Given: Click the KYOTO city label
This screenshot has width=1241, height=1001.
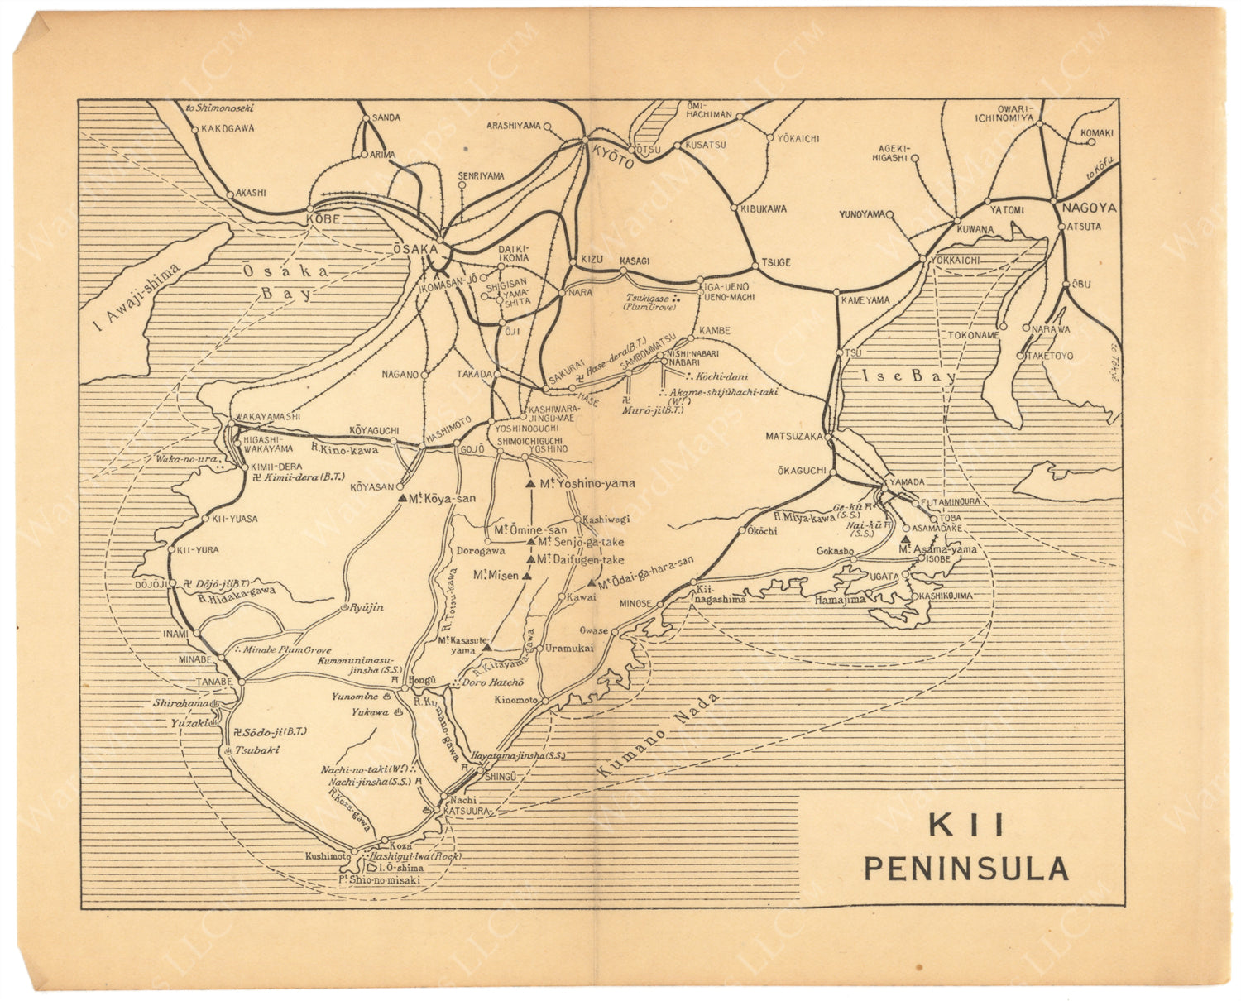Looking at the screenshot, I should [x=612, y=156].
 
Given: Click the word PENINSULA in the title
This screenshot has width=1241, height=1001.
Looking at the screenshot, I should [x=965, y=869].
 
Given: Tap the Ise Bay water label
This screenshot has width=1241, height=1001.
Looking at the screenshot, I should [x=908, y=376].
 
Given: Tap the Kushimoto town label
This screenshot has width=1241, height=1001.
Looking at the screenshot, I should [x=327, y=856].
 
